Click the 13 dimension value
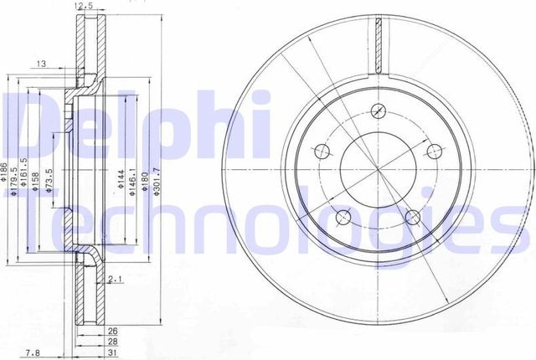click(x=41, y=62)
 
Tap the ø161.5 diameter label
click(x=25, y=176)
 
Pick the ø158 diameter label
click(x=35, y=181)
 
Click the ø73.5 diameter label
click(x=49, y=181)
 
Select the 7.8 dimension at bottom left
click(x=32, y=352)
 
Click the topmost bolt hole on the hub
click(x=379, y=111)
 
